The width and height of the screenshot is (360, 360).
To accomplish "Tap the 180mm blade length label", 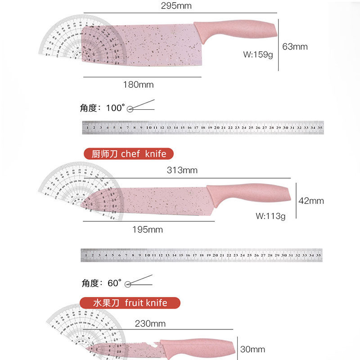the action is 139,85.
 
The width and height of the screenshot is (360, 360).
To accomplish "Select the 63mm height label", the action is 295,46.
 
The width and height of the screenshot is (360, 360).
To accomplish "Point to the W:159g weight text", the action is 258,54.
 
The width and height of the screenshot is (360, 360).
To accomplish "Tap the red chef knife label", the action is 129,154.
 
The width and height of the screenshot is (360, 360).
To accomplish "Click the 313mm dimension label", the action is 182,170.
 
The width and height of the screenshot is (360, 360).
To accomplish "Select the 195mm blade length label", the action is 148,229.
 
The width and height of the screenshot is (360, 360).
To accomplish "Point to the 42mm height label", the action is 311,201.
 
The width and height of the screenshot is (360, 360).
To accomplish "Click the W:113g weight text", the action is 271,216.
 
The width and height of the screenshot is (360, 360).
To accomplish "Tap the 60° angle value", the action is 115,283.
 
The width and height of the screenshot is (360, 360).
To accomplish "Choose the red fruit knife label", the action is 130,303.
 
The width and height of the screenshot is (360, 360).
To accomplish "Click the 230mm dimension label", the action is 150,324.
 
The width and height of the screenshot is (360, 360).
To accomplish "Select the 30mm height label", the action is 253,349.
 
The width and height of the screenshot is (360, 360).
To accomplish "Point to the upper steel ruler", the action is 203,128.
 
